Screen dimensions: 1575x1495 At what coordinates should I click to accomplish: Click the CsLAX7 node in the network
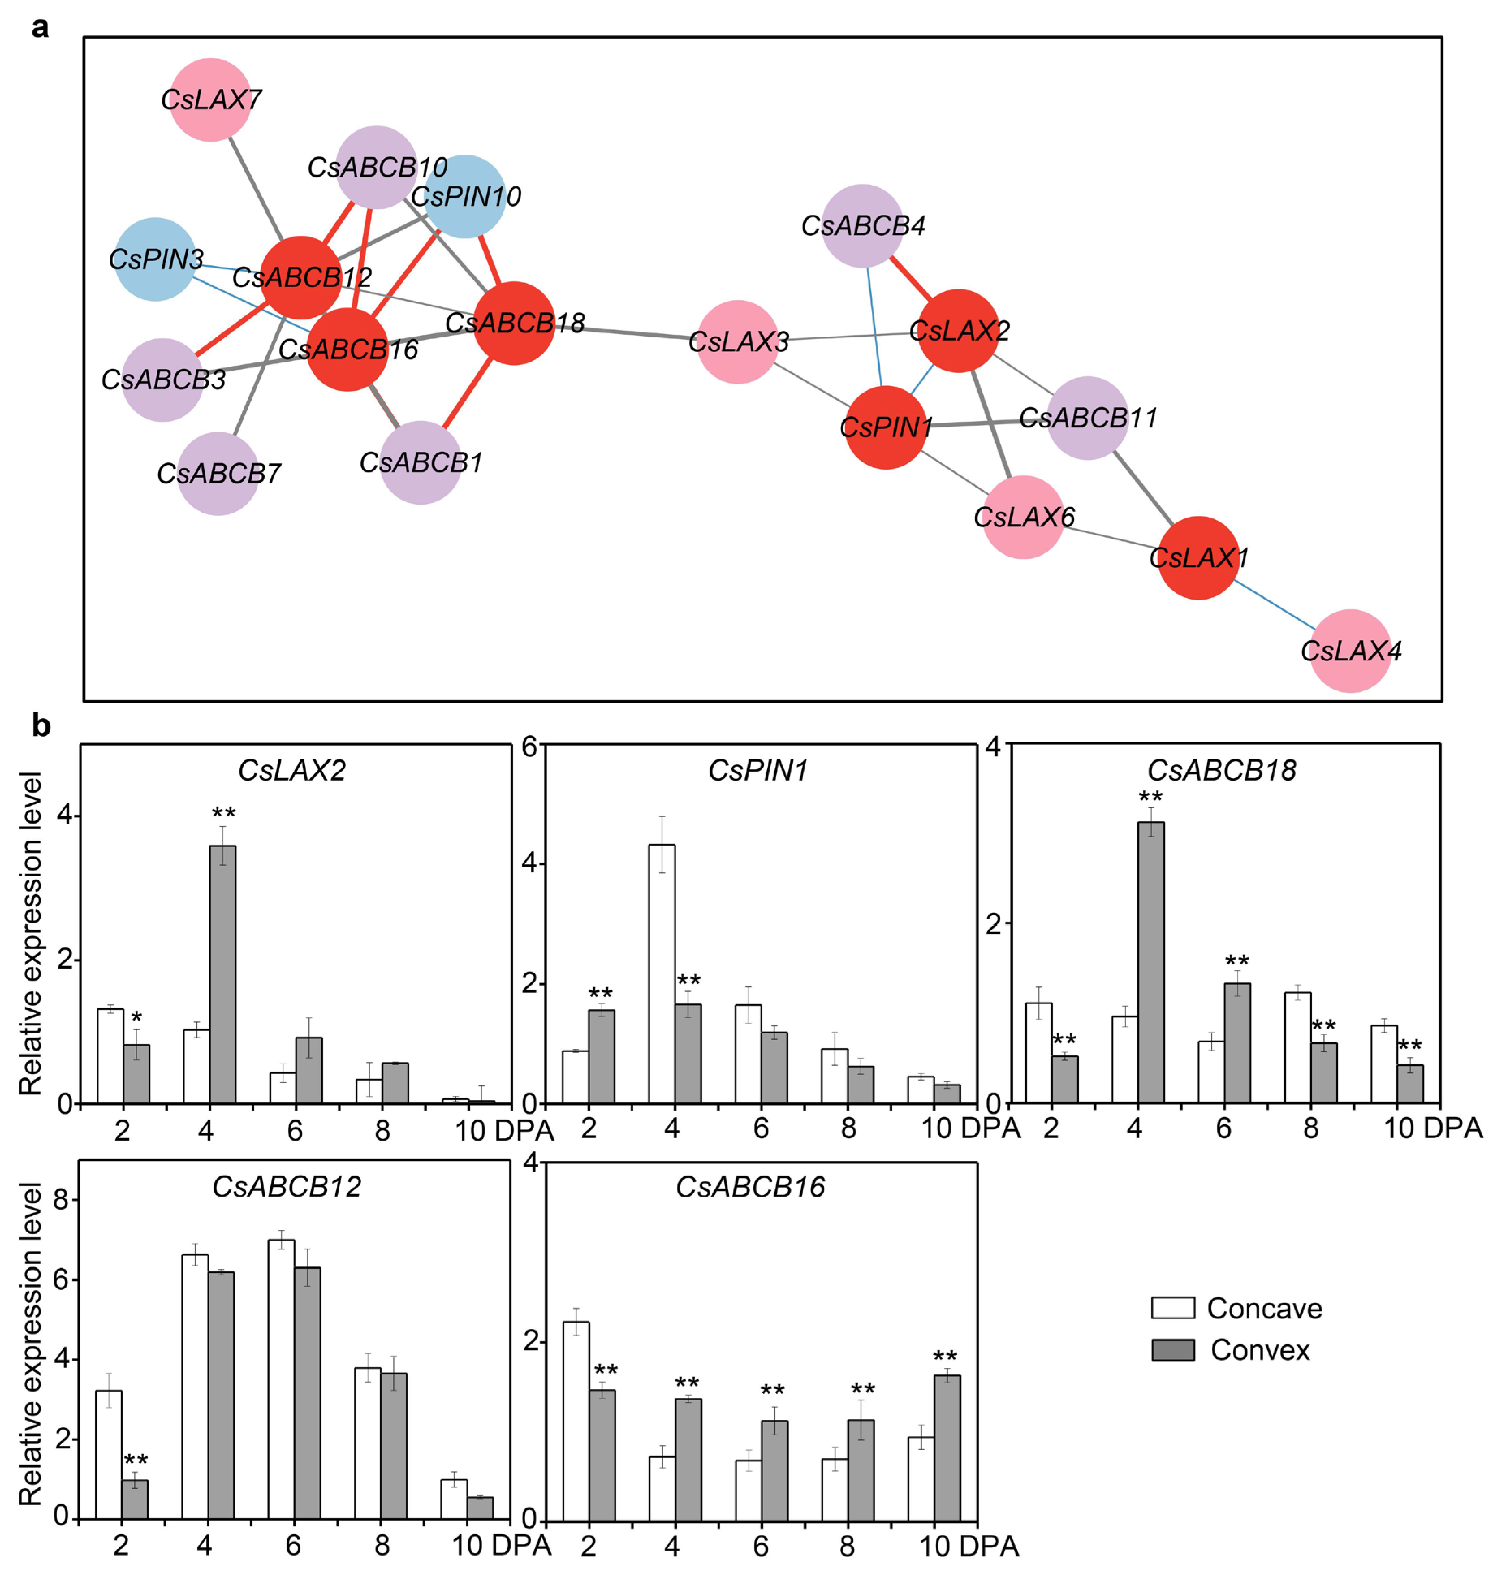pyautogui.click(x=210, y=99)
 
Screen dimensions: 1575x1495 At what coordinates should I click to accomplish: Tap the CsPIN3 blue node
pyautogui.click(x=155, y=259)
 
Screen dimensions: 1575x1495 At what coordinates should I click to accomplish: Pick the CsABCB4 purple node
pyautogui.click(x=862, y=226)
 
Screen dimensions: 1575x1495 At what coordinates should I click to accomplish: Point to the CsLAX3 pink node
pyautogui.click(x=738, y=342)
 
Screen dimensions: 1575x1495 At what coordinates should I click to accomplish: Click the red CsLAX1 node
pyautogui.click(x=1198, y=558)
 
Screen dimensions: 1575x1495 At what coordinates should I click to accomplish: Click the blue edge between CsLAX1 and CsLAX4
pyautogui.click(x=1275, y=606)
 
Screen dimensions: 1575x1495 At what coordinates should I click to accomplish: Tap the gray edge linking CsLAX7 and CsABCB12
pyautogui.click(x=255, y=187)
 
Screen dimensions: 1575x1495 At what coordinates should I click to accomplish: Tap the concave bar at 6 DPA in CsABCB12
pyautogui.click(x=281, y=1379)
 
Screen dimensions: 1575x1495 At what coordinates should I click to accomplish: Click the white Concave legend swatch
pyautogui.click(x=1172, y=1308)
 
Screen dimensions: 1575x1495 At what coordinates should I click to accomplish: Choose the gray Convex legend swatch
pyautogui.click(x=1172, y=1350)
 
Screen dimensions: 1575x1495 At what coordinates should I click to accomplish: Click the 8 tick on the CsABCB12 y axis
pyautogui.click(x=61, y=1200)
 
